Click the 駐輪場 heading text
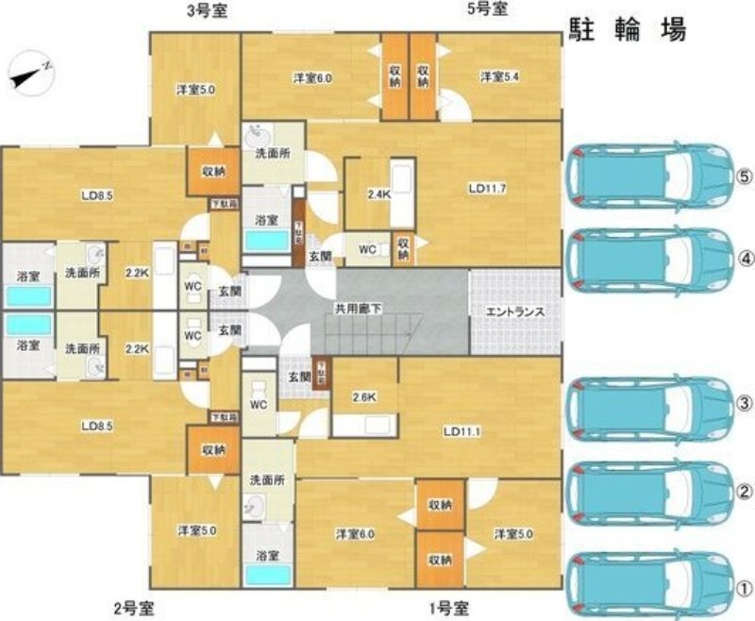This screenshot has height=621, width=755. [x=627, y=30]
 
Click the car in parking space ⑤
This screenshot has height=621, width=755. [x=650, y=175]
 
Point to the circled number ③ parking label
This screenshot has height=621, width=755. [x=744, y=404]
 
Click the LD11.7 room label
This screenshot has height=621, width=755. [x=487, y=188]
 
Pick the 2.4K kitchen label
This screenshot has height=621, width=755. [x=378, y=195]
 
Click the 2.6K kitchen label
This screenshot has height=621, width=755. [x=364, y=396]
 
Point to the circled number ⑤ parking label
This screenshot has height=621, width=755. [x=744, y=176]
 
